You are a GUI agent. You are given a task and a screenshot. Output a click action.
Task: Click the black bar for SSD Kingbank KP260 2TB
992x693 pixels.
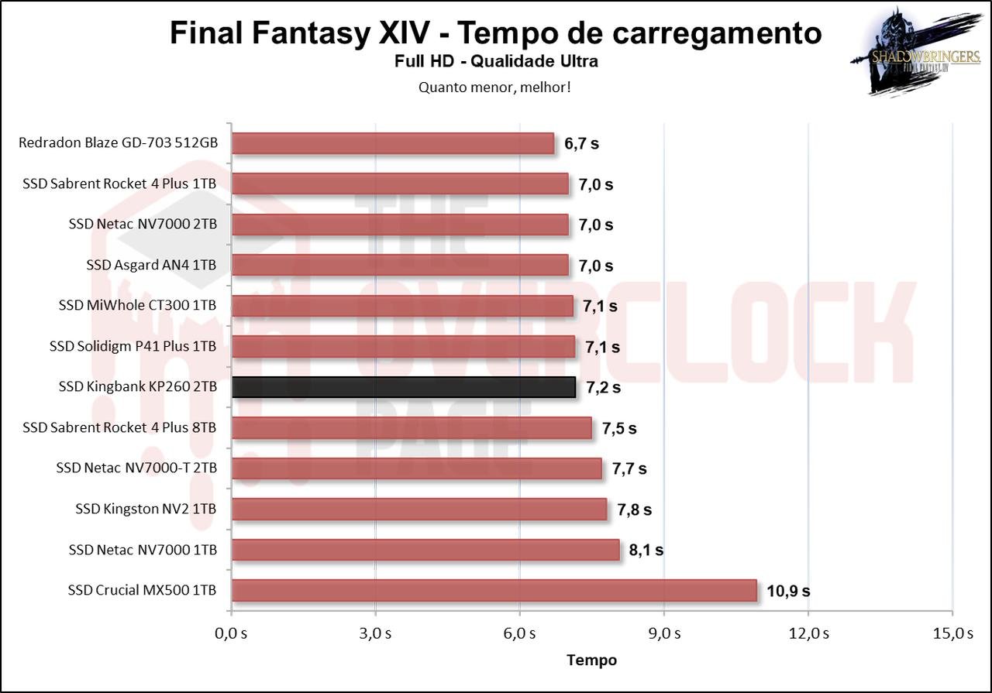403,387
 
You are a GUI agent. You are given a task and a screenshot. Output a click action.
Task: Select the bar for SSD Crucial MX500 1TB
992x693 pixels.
494,590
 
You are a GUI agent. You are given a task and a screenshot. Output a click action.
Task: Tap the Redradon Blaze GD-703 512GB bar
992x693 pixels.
393,144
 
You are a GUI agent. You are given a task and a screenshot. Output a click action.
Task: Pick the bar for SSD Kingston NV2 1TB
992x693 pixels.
418,509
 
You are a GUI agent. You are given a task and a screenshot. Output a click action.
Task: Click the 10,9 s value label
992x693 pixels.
788,591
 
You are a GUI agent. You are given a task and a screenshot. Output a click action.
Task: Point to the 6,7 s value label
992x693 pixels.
581,144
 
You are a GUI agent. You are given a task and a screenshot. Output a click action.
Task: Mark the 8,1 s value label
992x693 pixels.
646,551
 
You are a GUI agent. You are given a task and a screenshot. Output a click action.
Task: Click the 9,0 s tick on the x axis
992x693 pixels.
663,633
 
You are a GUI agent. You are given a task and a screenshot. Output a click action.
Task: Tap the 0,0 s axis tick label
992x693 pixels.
231,633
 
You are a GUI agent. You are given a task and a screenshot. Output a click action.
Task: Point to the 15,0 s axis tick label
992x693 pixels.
952,633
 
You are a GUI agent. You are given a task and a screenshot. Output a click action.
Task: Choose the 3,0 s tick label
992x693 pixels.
375,633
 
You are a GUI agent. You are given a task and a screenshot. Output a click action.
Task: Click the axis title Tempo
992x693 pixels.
591,660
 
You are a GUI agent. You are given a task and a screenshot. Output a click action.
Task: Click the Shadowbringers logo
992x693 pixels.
914,53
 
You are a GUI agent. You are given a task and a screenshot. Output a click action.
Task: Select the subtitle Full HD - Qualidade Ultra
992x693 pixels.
495,61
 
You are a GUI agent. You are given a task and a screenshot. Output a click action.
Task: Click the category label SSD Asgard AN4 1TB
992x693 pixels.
151,266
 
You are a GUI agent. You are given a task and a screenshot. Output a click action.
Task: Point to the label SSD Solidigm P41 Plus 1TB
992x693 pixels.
132,347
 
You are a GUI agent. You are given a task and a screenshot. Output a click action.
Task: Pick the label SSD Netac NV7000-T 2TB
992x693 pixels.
136,468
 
